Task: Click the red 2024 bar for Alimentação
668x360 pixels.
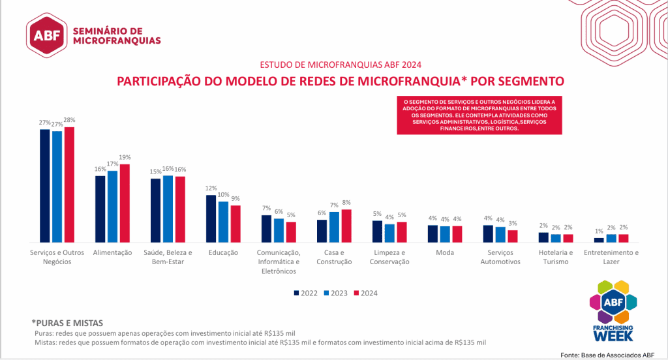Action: [x=125, y=203]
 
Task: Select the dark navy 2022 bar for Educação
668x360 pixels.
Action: [x=211, y=218]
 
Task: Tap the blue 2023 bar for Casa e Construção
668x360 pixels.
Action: [x=334, y=226]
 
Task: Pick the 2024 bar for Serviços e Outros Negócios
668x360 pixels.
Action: [x=69, y=184]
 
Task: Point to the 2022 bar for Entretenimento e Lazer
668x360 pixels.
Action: [x=599, y=240]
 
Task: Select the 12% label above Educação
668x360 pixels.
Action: [x=211, y=188]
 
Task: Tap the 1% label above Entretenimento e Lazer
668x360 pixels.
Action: [x=599, y=232]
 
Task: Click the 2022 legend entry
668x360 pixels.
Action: [x=305, y=293]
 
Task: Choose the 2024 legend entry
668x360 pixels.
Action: [x=365, y=293]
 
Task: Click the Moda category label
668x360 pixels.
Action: [x=445, y=252]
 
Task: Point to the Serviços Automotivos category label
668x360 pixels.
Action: [x=500, y=257]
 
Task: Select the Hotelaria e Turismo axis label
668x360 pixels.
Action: [x=556, y=257]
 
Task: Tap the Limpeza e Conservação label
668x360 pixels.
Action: [x=389, y=257]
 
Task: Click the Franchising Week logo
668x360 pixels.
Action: [x=613, y=310]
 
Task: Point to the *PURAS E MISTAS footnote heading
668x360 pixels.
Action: [x=67, y=323]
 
